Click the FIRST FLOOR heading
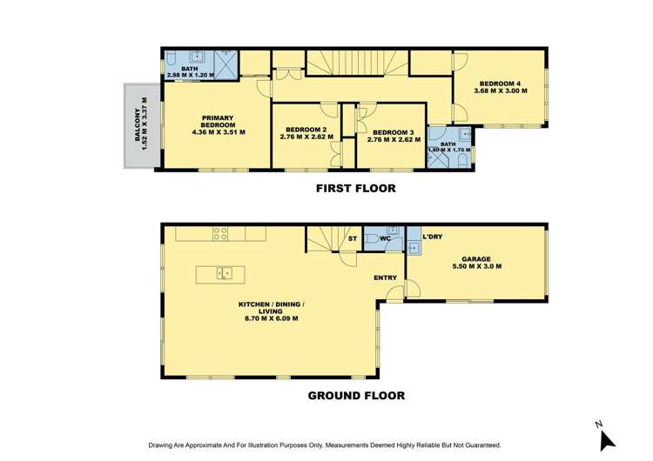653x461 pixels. pos(355,188)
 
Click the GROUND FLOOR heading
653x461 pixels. pos(356,395)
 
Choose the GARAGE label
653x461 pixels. pos(476,259)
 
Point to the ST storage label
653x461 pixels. pos(352,237)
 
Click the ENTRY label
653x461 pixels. pos(386,278)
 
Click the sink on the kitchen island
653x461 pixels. pos(225,274)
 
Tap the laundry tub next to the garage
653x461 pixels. pos(414,249)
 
